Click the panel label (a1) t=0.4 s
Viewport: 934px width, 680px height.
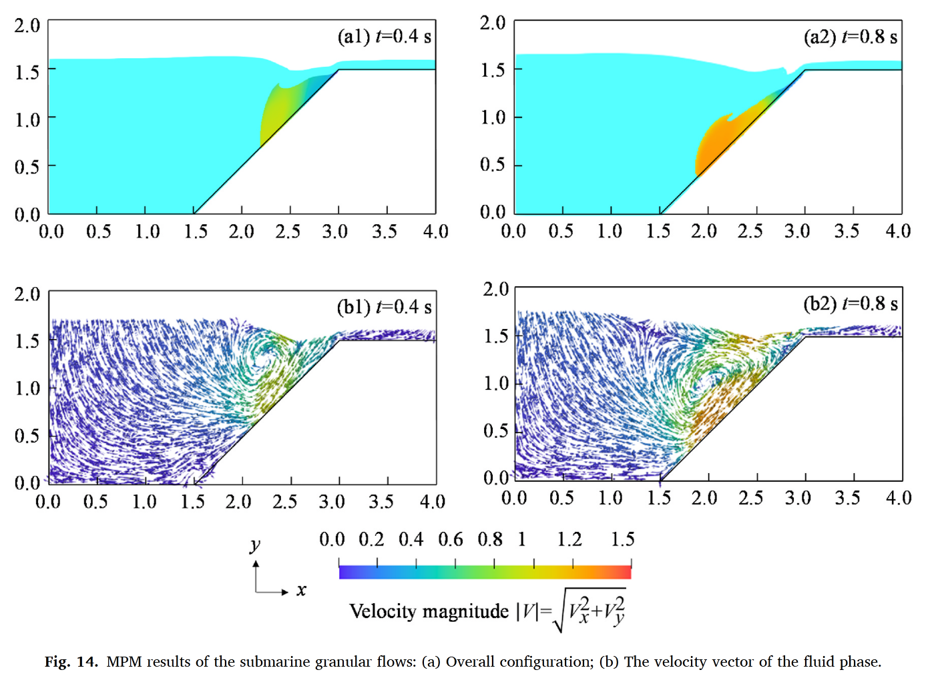pos(384,36)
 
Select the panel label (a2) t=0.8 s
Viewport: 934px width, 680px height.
pos(850,37)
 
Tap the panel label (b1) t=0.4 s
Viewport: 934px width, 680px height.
pos(384,307)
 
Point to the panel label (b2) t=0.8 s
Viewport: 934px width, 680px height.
pos(850,304)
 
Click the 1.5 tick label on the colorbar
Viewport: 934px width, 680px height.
pos(622,539)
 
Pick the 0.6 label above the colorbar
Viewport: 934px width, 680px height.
pos(451,539)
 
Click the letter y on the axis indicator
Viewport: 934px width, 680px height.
pos(255,545)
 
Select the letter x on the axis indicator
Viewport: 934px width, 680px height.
pos(301,590)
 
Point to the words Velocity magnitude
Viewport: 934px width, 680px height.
pos(429,611)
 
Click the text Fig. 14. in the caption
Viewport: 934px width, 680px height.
pos(71,662)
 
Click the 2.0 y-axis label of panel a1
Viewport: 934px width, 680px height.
pos(27,26)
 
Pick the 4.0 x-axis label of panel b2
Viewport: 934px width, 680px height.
pos(898,498)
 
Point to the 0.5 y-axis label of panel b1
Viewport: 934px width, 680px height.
pos(27,436)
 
